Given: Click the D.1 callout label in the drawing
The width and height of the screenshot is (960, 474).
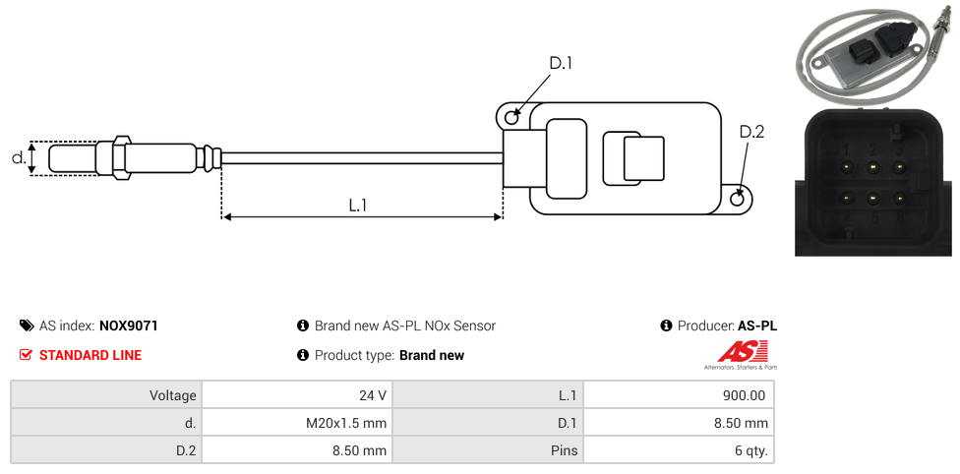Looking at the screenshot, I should point(561,64).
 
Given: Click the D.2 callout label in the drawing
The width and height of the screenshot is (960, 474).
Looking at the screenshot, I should point(751,132).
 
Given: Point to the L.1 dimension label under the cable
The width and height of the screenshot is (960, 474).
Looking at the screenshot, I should point(358,206).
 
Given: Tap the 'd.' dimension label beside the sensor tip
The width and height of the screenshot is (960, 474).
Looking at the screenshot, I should point(18,157).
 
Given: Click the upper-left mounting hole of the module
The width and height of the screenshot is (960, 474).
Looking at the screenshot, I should point(511,118).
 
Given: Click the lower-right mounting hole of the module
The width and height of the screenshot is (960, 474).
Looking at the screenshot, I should point(739,200).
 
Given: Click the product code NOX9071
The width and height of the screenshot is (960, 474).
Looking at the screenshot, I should point(128,326).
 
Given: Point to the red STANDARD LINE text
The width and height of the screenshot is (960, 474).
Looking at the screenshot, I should point(90,355).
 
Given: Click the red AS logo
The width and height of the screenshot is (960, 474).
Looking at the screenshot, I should point(736,352).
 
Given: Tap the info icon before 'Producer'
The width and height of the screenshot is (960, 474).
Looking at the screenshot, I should point(666,326).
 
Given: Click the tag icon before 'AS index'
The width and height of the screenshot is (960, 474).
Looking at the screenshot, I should point(27,326).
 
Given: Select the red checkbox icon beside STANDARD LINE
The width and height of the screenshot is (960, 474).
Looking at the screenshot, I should point(27,355).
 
